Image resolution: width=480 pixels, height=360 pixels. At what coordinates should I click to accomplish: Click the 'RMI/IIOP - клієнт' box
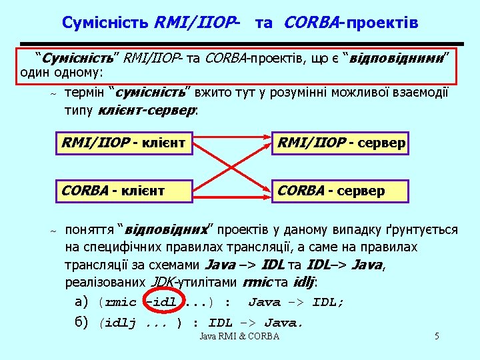(x=123, y=143)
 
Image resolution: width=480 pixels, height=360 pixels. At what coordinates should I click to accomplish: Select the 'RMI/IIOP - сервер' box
(x=342, y=143)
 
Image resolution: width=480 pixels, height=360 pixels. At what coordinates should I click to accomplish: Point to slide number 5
(x=437, y=336)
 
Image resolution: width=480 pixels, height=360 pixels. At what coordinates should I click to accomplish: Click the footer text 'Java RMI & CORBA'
(x=239, y=336)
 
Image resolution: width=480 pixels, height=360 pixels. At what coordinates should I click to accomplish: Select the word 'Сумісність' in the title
(x=105, y=23)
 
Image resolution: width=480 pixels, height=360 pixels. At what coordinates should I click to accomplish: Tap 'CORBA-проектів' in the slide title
(x=351, y=23)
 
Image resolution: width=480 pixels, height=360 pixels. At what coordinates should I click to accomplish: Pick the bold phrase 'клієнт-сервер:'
(x=148, y=110)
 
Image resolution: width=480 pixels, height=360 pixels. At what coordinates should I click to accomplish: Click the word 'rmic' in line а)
(x=121, y=303)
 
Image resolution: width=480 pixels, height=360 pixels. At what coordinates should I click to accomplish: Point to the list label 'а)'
(x=83, y=302)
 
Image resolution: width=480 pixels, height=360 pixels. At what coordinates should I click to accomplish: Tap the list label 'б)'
(x=83, y=323)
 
